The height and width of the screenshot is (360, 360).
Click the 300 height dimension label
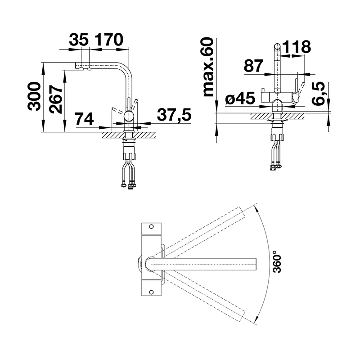coord(34,96)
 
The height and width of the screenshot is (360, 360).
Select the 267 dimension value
coord(56,99)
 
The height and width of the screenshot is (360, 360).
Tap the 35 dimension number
coord(79,40)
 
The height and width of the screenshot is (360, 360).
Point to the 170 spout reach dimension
coord(109,40)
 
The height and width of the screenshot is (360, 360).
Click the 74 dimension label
coord(85,119)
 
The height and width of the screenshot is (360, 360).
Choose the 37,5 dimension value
coord(174,115)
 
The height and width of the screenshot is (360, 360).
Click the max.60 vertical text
coord(208,67)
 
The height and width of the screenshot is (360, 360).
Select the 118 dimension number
coord(297,47)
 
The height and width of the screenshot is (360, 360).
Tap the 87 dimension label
coord(253,66)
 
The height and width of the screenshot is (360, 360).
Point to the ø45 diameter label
coord(240,98)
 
